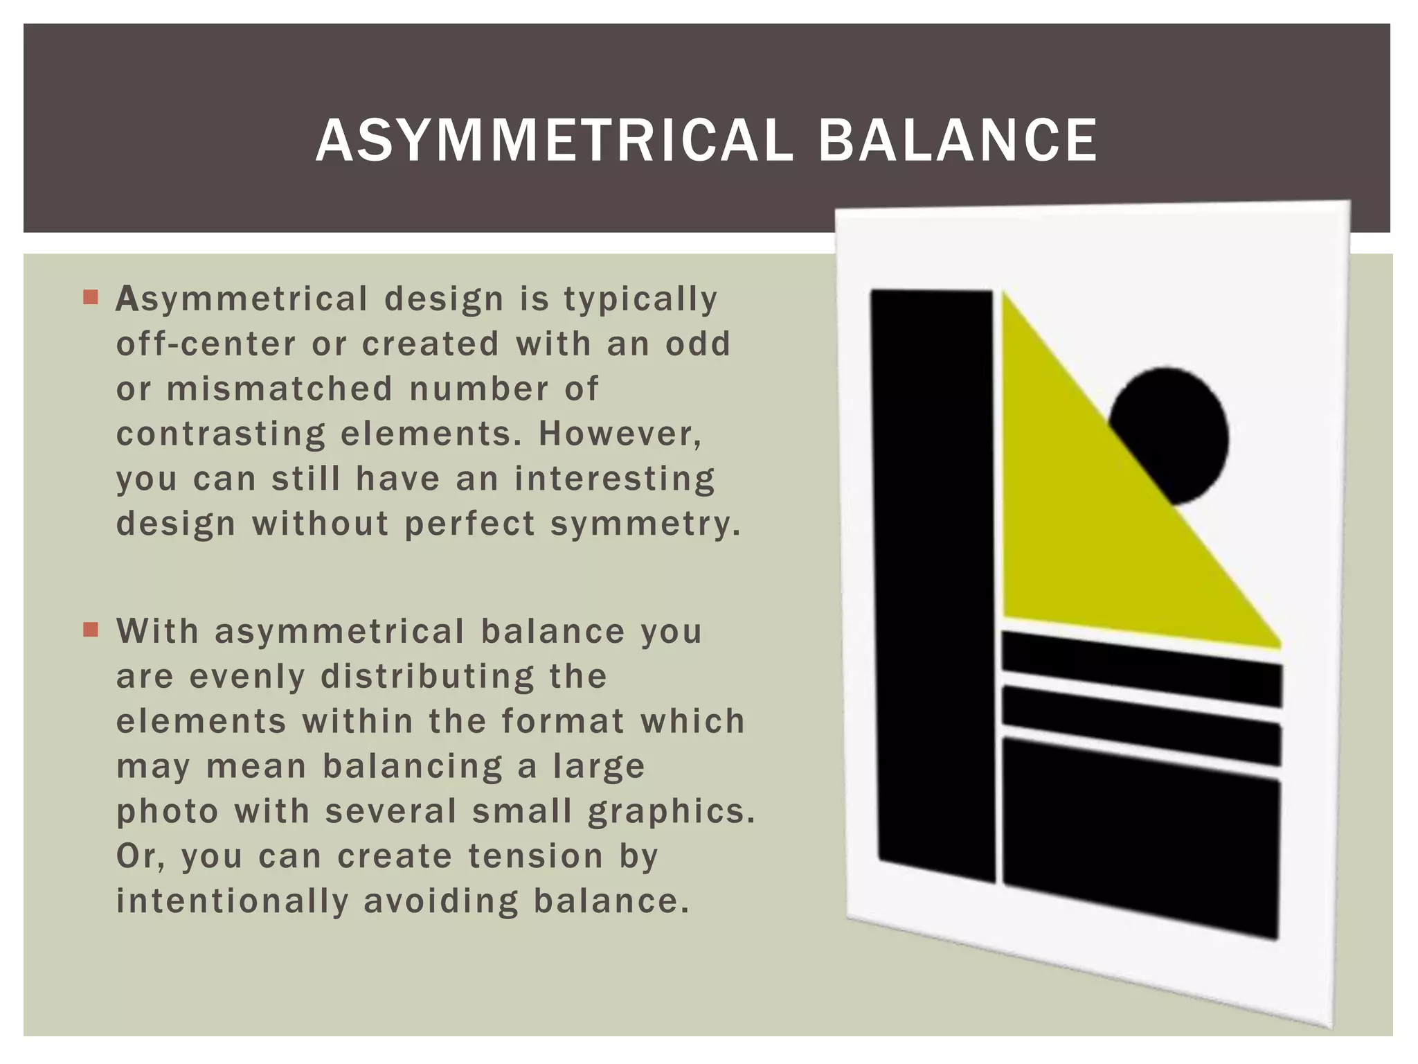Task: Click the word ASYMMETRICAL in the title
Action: pyautogui.click(x=554, y=141)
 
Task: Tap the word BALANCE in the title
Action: pyautogui.click(x=957, y=141)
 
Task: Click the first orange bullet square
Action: pyautogui.click(x=91, y=298)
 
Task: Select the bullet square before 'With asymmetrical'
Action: pyautogui.click(x=91, y=630)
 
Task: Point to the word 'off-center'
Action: pyautogui.click(x=206, y=344)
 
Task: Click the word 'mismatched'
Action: pyautogui.click(x=280, y=389)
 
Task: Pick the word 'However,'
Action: pyautogui.click(x=620, y=434)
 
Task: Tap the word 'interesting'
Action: pyautogui.click(x=615, y=479)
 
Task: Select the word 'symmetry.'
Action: pyautogui.click(x=645, y=524)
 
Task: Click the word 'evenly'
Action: pyautogui.click(x=247, y=677)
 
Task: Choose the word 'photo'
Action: pyautogui.click(x=168, y=812)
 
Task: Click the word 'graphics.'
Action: pyautogui.click(x=671, y=812)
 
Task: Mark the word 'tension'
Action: pyautogui.click(x=535, y=856)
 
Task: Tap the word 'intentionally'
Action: pyautogui.click(x=233, y=901)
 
